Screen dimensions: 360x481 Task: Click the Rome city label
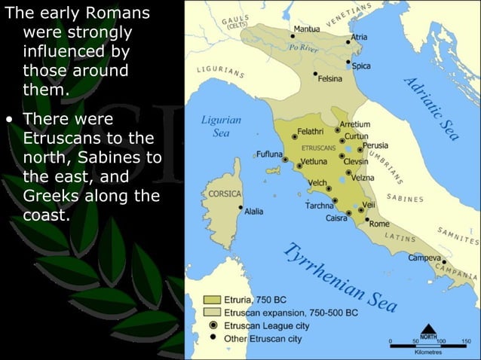379,224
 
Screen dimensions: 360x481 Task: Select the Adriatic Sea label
430,110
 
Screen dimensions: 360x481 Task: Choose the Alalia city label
254,212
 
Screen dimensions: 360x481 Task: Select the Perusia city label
375,145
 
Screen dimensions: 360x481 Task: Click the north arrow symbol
429,330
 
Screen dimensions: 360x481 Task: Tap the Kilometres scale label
427,352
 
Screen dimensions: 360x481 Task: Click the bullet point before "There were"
9,120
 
